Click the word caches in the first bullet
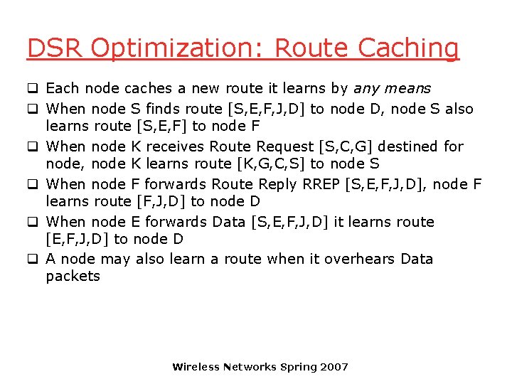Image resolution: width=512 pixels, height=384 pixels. (148, 89)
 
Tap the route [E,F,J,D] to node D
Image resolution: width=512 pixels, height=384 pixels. (77, 239)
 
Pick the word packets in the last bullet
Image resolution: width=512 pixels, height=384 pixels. (73, 276)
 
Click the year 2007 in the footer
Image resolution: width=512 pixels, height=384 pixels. (334, 367)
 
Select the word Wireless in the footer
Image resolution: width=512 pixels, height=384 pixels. (196, 367)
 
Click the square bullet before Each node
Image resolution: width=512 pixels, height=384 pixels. (32, 89)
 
